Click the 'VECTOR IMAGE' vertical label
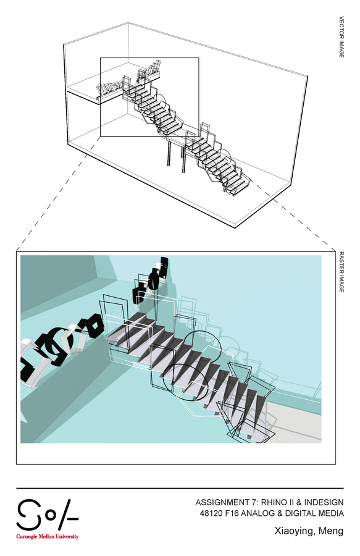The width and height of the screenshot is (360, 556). click(x=341, y=37)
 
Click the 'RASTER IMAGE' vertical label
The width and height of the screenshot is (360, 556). click(x=341, y=272)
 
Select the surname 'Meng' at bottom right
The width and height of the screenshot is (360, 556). click(x=331, y=531)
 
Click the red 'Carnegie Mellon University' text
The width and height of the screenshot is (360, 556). click(x=47, y=536)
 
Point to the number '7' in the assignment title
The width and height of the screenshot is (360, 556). click(x=253, y=502)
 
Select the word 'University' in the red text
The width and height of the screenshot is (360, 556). click(x=67, y=536)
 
